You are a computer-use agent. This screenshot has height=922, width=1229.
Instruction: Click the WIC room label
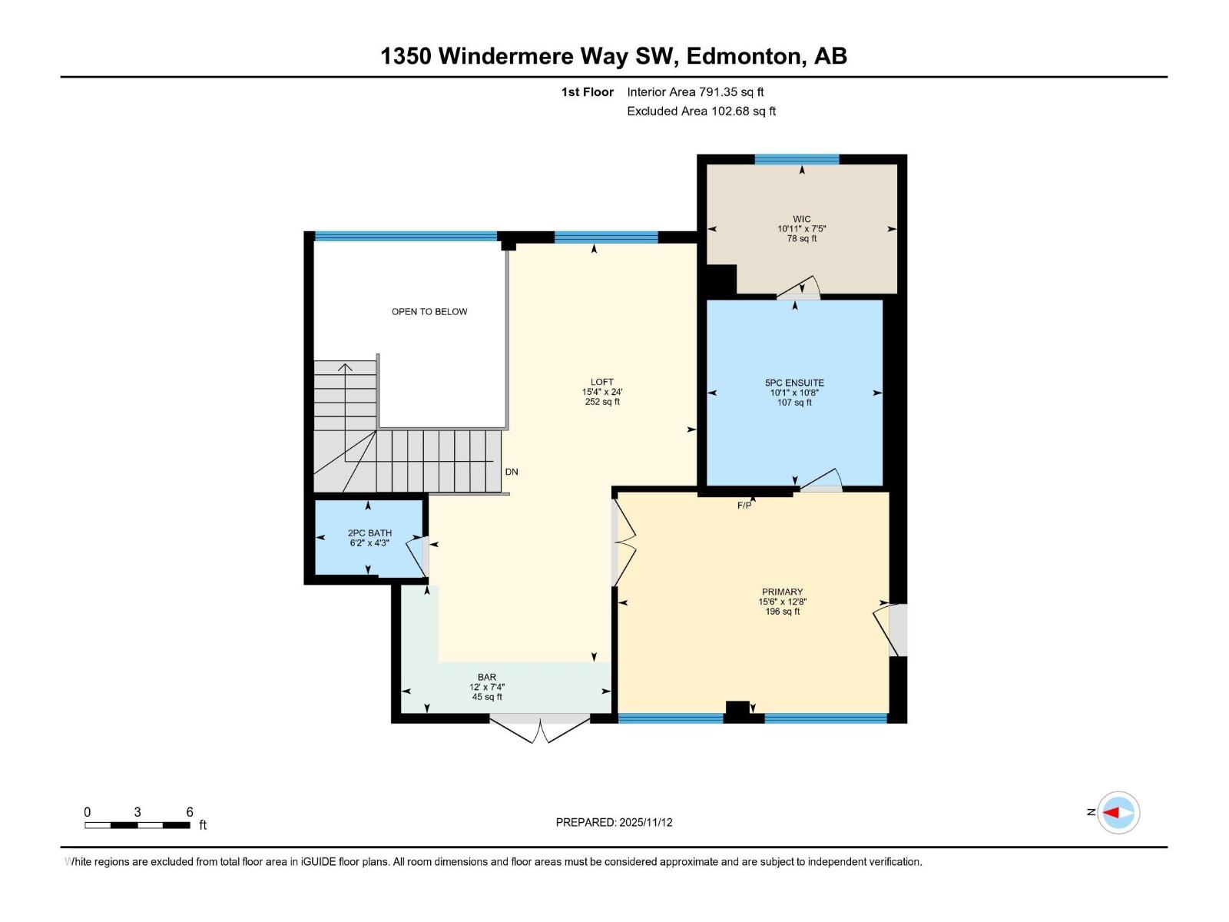pos(801,220)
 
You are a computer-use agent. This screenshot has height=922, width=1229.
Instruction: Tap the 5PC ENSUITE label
pos(794,383)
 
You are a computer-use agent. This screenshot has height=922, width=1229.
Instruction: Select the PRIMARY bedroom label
pos(782,592)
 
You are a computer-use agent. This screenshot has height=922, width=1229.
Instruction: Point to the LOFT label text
pos(602,382)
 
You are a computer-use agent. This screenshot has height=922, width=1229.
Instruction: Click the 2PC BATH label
pos(369,533)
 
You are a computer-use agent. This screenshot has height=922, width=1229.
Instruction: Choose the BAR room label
pos(487,678)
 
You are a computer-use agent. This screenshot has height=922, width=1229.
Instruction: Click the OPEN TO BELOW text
pos(429,312)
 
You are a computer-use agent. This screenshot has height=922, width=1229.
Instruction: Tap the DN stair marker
pos(512,472)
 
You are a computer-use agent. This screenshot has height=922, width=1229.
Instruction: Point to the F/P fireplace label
pos(744,506)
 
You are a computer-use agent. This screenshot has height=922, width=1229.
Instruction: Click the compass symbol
pos(1118,812)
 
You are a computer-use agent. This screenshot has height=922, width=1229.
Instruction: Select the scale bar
pos(137,825)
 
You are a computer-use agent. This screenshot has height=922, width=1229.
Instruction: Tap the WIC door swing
pos(799,288)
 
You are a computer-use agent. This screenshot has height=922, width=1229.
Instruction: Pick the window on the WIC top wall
pos(797,160)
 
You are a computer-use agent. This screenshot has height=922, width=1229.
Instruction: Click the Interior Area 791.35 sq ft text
pos(695,92)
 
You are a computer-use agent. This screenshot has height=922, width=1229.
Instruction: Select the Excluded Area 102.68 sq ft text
pos(701,111)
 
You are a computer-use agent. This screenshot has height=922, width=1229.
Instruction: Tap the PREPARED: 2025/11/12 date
pos(614,822)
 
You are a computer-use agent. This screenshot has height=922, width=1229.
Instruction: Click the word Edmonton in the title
pos(743,56)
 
